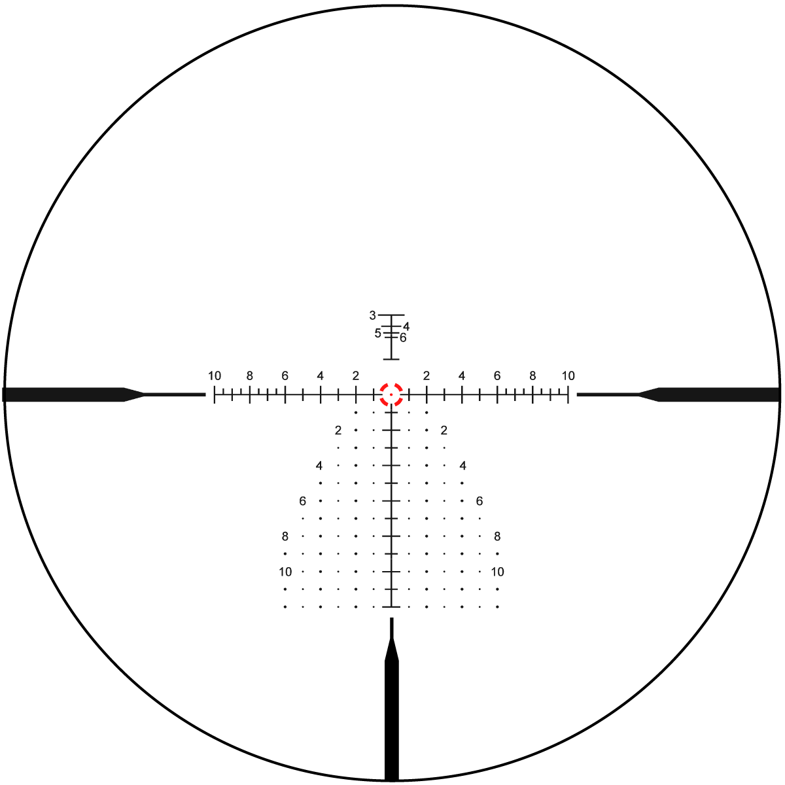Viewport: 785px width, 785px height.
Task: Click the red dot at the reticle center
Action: click(x=391, y=394)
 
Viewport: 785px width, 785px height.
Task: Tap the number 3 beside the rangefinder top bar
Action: click(x=372, y=315)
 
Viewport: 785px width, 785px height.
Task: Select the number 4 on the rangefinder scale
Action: click(x=406, y=326)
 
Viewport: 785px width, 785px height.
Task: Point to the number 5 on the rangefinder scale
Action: click(x=377, y=333)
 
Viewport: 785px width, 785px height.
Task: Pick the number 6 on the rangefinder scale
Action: click(x=403, y=338)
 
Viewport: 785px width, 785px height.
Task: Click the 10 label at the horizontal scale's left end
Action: click(x=215, y=375)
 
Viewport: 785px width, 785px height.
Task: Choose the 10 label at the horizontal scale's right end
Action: click(x=568, y=375)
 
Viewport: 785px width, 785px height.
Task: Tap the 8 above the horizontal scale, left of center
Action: click(x=250, y=375)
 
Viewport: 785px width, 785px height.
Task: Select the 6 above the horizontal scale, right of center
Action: click(x=497, y=375)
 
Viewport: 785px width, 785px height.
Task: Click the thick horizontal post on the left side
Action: click(x=73, y=394)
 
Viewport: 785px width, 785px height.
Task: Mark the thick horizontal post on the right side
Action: click(x=709, y=394)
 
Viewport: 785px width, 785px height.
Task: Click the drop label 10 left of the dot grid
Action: click(x=285, y=572)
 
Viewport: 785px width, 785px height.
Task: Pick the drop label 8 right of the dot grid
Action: click(x=497, y=536)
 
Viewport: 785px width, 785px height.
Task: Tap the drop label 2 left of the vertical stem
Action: click(x=338, y=430)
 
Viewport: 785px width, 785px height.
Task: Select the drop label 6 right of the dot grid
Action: click(x=480, y=501)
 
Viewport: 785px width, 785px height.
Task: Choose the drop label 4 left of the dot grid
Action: click(x=319, y=466)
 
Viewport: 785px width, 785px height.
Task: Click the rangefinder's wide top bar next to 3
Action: click(x=391, y=315)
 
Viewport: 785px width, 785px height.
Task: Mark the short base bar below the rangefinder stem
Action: click(x=391, y=359)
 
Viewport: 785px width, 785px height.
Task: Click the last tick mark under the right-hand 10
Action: click(x=568, y=394)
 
